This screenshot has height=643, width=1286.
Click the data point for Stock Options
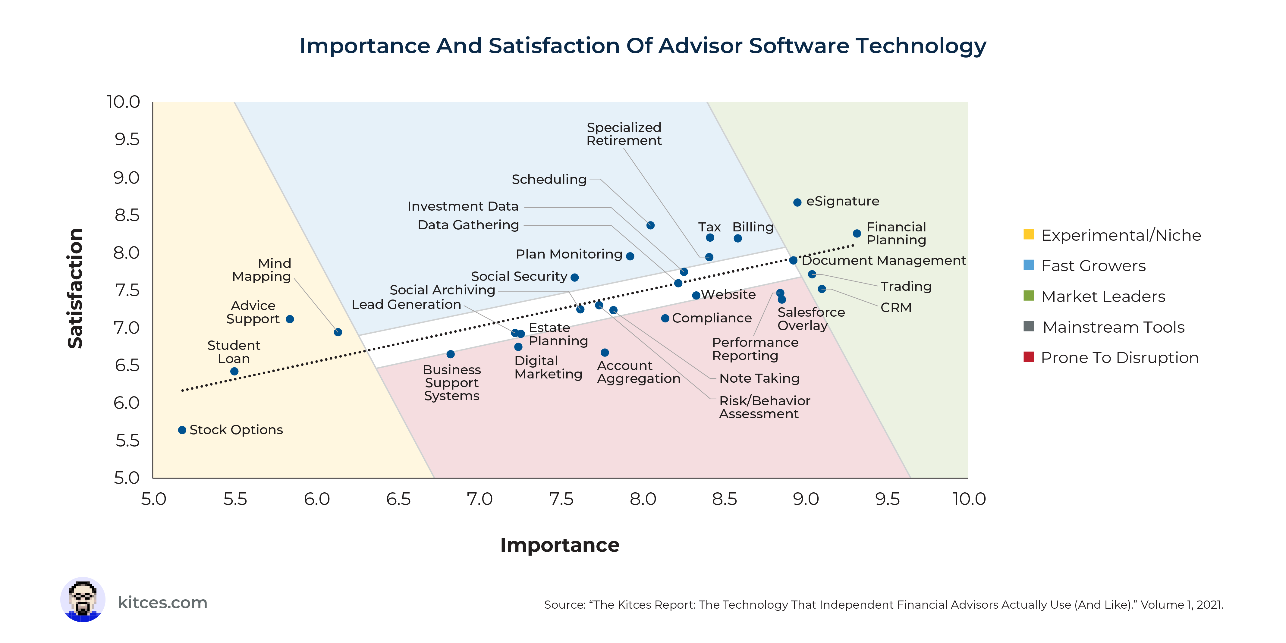click(182, 430)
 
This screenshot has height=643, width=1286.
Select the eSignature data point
click(797, 202)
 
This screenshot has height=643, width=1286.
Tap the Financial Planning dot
click(857, 234)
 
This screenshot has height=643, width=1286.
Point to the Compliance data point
click(665, 318)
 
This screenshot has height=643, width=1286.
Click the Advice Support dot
click(290, 319)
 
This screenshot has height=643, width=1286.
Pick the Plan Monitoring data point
click(630, 256)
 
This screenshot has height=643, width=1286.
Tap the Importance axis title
click(560, 545)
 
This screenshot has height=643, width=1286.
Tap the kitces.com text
click(162, 603)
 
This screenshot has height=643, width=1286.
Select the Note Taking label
click(759, 378)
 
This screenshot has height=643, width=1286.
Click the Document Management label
click(884, 261)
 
